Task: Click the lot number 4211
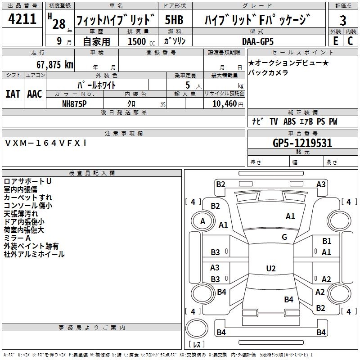tap(22, 20)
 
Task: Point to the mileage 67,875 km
tap(52, 64)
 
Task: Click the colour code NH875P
tap(75, 103)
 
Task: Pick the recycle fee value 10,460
tap(223, 103)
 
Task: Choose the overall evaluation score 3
tap(343, 20)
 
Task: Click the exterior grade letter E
tap(335, 41)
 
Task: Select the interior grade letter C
tap(350, 41)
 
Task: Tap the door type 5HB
tap(175, 20)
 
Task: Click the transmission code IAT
tap(13, 94)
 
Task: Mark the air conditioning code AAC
tap(34, 94)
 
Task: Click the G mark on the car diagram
tap(284, 237)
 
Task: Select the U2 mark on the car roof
tap(270, 268)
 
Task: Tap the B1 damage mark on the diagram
tap(327, 242)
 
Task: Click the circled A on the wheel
tap(202, 221)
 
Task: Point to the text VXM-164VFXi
tap(45, 143)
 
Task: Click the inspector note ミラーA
tap(17, 238)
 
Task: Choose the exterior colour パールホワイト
tap(96, 85)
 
